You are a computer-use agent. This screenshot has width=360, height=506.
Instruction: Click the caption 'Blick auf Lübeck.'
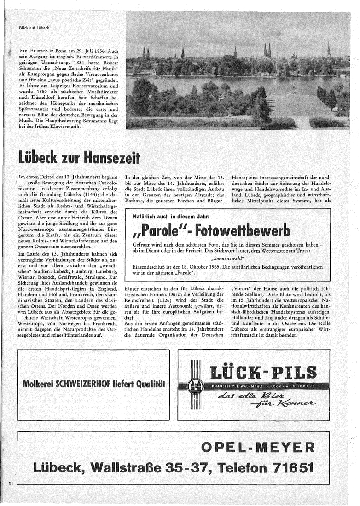[35, 28]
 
